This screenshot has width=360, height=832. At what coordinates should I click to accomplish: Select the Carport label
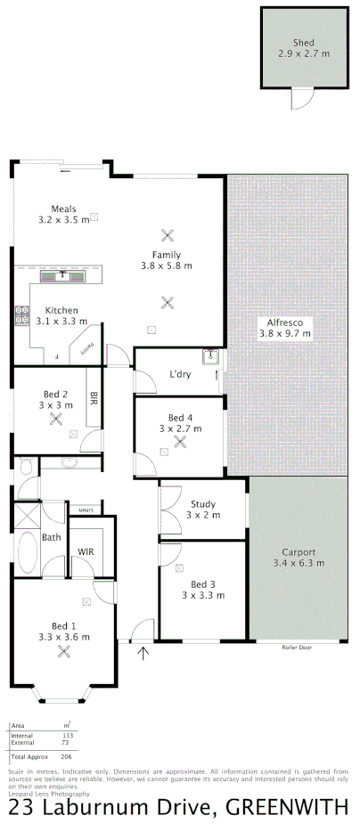(298, 551)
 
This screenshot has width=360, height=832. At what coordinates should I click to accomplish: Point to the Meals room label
(63, 208)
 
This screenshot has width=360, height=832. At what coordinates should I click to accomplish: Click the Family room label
(166, 255)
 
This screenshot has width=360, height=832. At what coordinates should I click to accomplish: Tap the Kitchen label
(61, 311)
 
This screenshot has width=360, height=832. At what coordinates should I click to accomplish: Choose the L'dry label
(180, 374)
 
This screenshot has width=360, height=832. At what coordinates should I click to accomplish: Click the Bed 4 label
(180, 418)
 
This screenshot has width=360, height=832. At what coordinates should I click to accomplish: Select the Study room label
(201, 504)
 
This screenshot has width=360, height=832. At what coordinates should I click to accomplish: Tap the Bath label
(52, 537)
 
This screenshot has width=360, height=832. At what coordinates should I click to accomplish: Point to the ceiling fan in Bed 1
(63, 651)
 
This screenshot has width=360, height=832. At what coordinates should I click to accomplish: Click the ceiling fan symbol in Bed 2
(56, 419)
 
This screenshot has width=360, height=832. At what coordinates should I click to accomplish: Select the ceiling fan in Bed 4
(180, 441)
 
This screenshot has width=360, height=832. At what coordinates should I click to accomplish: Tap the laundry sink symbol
(212, 356)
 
